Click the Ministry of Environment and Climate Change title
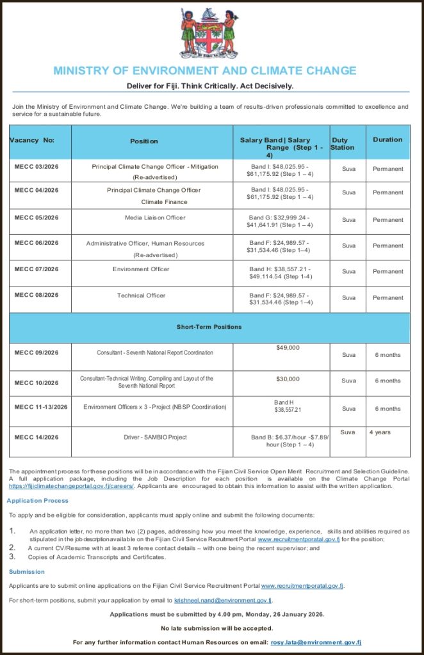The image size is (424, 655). click(205, 70)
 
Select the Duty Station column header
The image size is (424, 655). click(342, 144)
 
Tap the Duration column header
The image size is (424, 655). click(387, 139)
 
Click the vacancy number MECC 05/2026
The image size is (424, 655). click(37, 217)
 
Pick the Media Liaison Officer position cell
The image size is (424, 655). click(155, 217)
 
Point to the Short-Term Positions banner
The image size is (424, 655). click(209, 327)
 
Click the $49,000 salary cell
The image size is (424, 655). click(288, 348)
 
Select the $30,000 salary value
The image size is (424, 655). click(288, 379)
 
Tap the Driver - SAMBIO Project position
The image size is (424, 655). click(155, 438)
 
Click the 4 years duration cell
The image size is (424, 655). click(380, 432)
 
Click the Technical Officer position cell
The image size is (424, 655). click(141, 296)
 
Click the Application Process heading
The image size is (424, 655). click(38, 501)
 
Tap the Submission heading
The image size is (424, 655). click(27, 572)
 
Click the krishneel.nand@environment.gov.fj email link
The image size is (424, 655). click(223, 601)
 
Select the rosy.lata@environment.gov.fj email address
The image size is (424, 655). click(316, 642)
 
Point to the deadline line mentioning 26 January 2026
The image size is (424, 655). click(216, 614)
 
